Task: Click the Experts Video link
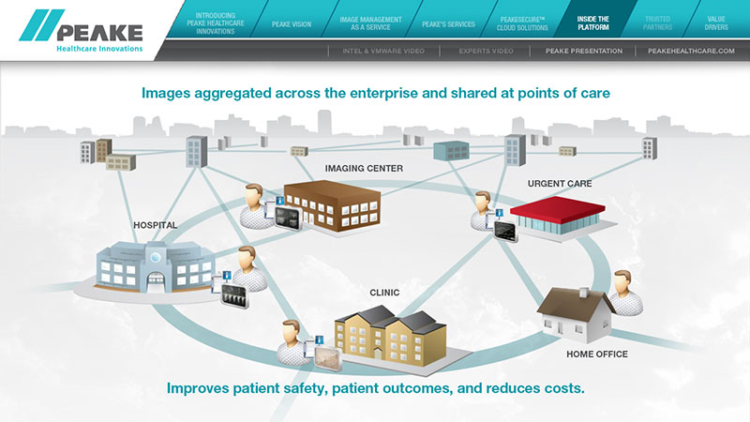[x=486, y=51]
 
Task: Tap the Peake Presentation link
[x=584, y=51]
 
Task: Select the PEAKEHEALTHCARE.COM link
[x=691, y=51]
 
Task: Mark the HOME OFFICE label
[x=597, y=354]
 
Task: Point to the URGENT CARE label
[x=559, y=184]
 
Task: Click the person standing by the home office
[x=624, y=292]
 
